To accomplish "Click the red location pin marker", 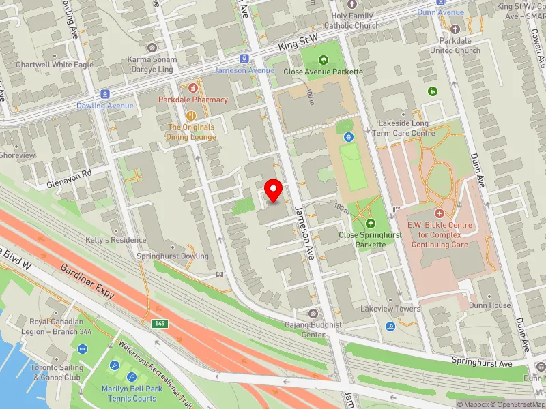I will tap(274, 190).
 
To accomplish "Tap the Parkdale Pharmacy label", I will tap(193, 100).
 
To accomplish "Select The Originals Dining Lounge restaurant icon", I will tap(192, 115).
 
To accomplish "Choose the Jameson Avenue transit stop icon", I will tap(244, 59).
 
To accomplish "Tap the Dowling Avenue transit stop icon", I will tap(104, 94).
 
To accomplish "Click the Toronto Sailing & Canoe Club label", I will tap(56, 372).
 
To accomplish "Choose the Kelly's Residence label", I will tap(115, 240).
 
